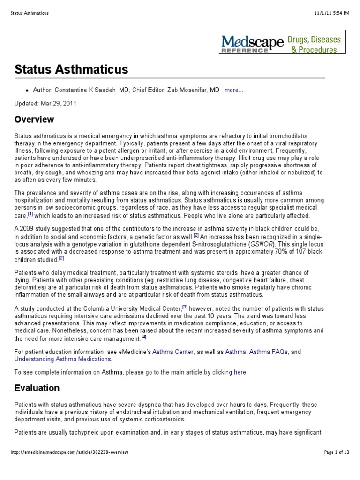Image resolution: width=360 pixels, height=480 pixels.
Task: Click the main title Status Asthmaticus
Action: point(71,70)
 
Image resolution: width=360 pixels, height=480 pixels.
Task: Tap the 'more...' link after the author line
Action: point(234,90)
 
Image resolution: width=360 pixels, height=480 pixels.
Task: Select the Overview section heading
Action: point(34,119)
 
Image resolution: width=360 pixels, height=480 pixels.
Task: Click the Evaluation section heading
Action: point(37,388)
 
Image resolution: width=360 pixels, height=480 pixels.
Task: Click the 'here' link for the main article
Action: point(240,372)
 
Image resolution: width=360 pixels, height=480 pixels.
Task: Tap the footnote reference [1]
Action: point(30,213)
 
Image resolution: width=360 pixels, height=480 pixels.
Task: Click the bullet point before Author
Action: point(28,90)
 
